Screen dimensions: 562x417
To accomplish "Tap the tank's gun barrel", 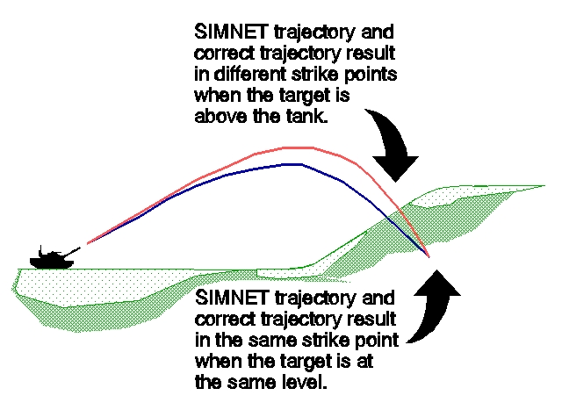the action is coord(72,251).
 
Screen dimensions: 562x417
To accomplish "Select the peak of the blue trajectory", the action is coord(295,164).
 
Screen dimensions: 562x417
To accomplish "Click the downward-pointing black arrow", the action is coord(393,143).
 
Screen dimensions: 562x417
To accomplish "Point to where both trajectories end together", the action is coord(429,257).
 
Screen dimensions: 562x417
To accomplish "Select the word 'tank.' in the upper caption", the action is coord(307,117).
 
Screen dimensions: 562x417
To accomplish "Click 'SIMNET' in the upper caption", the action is coord(231,32).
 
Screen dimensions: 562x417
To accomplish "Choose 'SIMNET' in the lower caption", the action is coord(232,298).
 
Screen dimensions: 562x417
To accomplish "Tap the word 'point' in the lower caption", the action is coord(377,341).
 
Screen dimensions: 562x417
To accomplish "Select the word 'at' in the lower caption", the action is coord(365,362).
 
